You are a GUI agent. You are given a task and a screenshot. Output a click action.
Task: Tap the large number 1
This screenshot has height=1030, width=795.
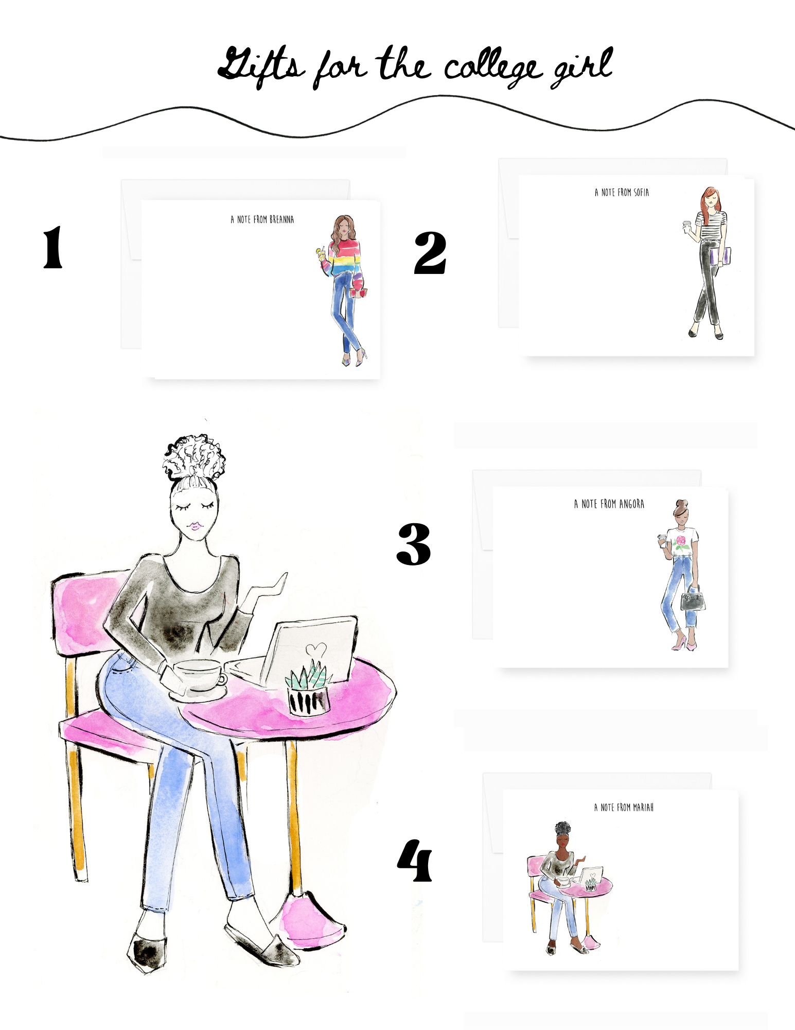pyautogui.click(x=52, y=247)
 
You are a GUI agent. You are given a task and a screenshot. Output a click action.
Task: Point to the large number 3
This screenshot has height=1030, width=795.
pyautogui.click(x=414, y=544)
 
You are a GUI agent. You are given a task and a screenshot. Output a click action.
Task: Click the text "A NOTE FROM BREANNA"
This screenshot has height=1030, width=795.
pyautogui.click(x=262, y=219)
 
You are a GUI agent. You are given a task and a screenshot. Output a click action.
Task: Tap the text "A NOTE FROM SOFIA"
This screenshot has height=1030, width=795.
pyautogui.click(x=622, y=193)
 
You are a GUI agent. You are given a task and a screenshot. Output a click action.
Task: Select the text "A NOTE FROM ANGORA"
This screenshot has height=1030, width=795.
pyautogui.click(x=609, y=504)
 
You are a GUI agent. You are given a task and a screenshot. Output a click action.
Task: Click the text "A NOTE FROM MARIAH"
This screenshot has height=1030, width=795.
pyautogui.click(x=624, y=808)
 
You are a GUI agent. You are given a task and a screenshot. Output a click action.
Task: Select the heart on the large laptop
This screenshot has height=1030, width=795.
pyautogui.click(x=315, y=649)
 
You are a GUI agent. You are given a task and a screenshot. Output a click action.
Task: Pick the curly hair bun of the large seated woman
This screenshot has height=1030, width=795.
pyautogui.click(x=194, y=457)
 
